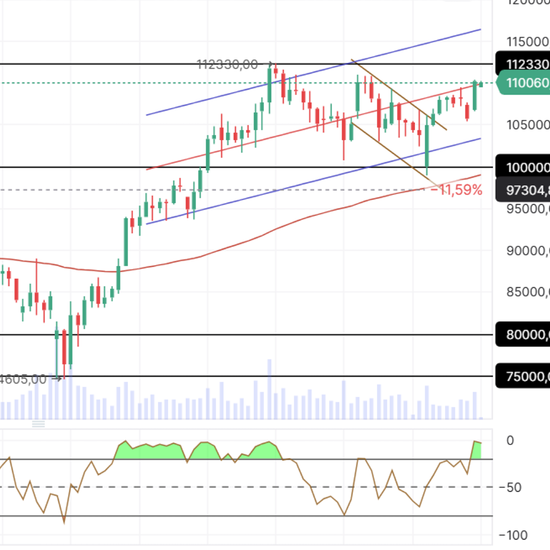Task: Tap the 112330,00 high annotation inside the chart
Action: click(x=227, y=65)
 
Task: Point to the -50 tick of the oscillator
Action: click(x=511, y=487)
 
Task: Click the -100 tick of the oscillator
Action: click(x=513, y=535)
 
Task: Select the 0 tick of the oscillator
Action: click(x=510, y=441)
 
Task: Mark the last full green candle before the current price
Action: click(x=475, y=95)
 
